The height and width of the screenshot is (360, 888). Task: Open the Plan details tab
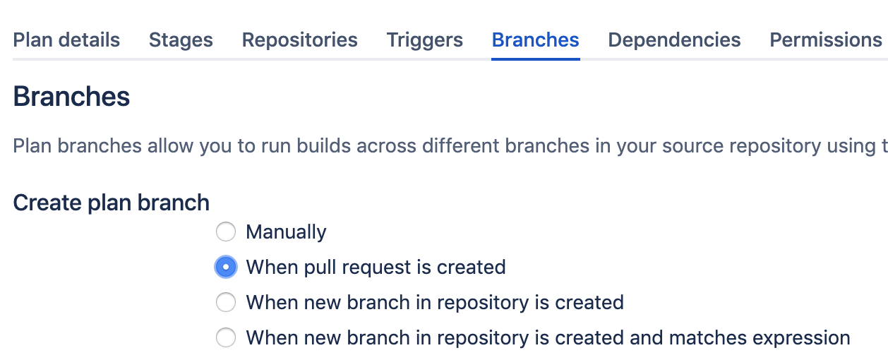coord(66,40)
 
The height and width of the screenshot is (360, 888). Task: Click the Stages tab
coord(181,40)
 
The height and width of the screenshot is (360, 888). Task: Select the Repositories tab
coord(300,40)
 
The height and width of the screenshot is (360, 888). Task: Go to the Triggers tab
coord(424,40)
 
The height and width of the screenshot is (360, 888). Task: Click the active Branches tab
coord(536,40)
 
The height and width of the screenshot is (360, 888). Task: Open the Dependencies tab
coord(674,40)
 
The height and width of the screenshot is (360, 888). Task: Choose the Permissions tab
coord(826,40)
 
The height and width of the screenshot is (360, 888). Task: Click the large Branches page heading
coord(71,96)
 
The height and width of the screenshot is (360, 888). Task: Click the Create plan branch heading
coord(111,203)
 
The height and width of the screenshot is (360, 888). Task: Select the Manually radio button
coord(226,232)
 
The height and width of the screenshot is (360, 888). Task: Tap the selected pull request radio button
coord(226,267)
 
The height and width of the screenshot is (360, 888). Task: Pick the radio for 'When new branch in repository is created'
coord(226,302)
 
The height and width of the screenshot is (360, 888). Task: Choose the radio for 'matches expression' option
coord(226,337)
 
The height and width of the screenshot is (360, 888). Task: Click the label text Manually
coord(286,232)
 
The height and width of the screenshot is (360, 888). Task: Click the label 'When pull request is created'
coord(376,268)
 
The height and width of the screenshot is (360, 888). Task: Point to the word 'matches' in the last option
coord(706,338)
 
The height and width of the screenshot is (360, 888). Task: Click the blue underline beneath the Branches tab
coord(536,59)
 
